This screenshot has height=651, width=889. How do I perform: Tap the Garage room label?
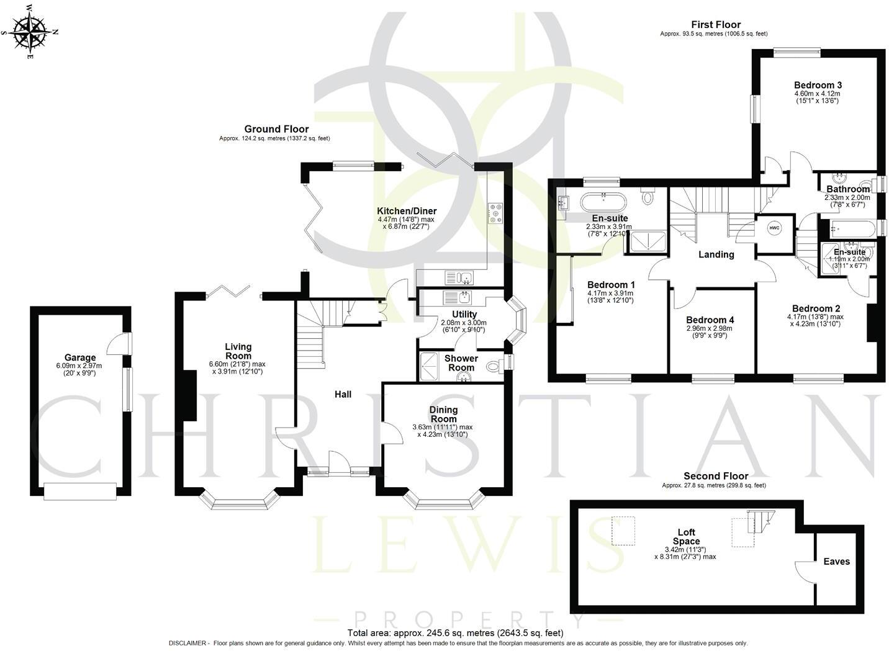pos(80,357)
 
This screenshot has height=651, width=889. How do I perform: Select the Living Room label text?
pos(238,351)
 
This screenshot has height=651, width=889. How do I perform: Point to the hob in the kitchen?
pos(496,212)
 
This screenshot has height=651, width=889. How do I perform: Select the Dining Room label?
pos(443,414)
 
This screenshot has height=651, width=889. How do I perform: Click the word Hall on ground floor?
pos(343,394)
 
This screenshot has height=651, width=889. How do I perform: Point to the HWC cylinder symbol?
pos(775,228)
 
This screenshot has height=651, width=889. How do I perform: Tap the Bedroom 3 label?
pos(818,85)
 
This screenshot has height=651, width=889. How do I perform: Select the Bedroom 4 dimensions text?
pos(709,331)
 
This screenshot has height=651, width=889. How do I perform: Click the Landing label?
pos(716,254)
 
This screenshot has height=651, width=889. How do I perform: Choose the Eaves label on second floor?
pos(836,562)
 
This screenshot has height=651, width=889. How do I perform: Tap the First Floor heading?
pos(718,25)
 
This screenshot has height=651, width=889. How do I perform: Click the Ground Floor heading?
pos(276,129)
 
